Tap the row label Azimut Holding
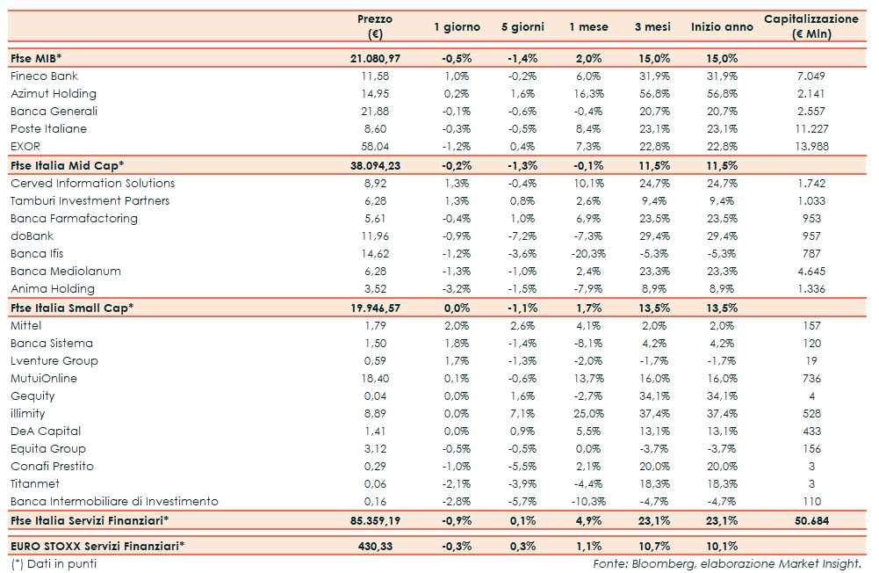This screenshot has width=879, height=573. (x=54, y=94)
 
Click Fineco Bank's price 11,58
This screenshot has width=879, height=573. (x=375, y=76)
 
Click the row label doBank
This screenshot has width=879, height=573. (x=32, y=236)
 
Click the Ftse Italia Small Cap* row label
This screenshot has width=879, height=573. (x=72, y=308)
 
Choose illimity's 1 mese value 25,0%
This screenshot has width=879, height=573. (x=588, y=414)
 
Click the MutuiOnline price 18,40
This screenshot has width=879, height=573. (x=375, y=379)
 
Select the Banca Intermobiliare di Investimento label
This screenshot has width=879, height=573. (x=114, y=502)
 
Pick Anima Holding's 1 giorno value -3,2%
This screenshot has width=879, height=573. (x=457, y=289)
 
